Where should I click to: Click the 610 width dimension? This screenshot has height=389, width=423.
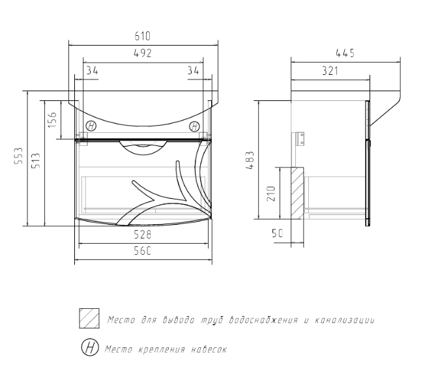143,36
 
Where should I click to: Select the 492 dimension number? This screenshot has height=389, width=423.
143,53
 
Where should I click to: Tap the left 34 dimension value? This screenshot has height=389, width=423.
93,70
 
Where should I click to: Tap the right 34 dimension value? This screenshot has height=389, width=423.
193,70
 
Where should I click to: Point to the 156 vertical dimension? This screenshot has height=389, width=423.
52,119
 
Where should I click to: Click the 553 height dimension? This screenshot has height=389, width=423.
19,156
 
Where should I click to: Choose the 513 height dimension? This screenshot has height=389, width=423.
36,161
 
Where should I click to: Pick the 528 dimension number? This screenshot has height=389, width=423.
143,235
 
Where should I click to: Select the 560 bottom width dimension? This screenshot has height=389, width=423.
143,251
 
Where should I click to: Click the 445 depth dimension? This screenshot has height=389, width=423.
345,53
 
